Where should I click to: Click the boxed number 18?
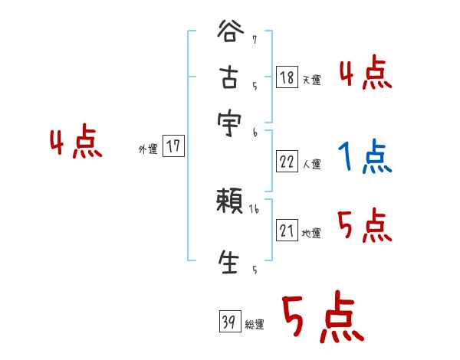coord(287,77)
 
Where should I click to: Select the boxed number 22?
coord(287,161)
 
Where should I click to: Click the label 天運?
coord(311,80)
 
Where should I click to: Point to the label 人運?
coord(311,164)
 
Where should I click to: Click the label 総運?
coord(255,325)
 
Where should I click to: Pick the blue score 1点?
coord(364,157)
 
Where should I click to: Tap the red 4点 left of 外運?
coord(75,144)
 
